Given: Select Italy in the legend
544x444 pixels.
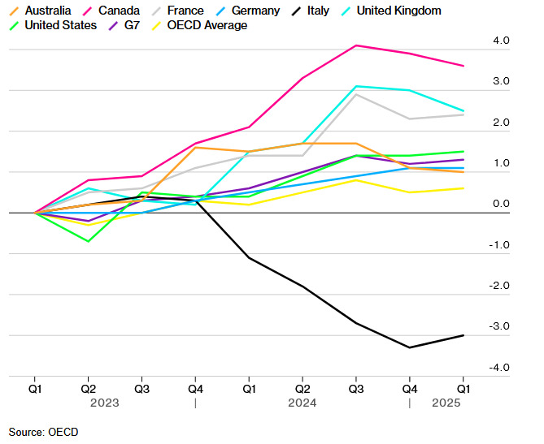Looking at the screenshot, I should (312, 11).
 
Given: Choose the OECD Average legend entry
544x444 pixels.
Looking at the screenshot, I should (207, 25).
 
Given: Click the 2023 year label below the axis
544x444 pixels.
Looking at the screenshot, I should (106, 402).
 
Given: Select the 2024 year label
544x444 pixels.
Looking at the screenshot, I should (302, 402).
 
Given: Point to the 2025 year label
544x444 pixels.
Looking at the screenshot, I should (446, 402).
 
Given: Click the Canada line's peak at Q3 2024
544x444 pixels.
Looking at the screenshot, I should (356, 45).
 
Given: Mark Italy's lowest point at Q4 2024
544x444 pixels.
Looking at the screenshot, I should (410, 347).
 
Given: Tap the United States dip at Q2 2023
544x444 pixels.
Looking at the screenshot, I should (88, 241).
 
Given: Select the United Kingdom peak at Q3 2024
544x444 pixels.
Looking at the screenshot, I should (356, 86).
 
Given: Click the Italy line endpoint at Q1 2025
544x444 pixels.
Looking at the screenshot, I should (463, 335).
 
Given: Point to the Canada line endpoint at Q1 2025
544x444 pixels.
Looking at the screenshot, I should (463, 66).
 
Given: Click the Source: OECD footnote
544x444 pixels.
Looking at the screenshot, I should (44, 432).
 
